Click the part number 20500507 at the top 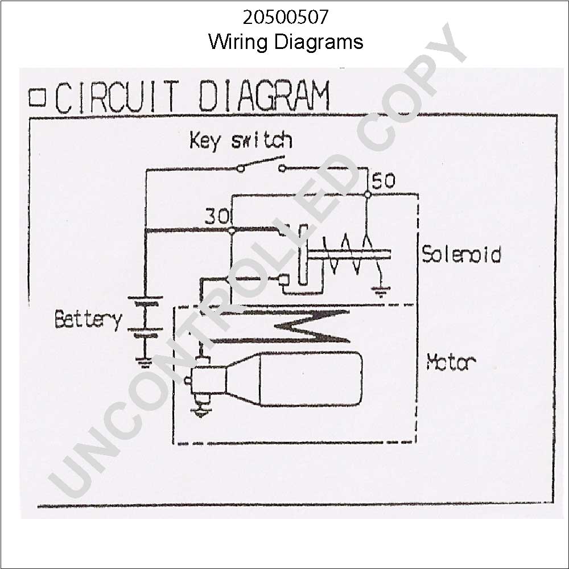[286, 17]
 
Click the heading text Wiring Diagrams [286, 42]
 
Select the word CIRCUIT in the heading [117, 97]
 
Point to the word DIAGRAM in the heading [265, 96]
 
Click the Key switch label [241, 141]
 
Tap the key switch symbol [261, 164]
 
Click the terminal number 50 [383, 180]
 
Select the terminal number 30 [217, 217]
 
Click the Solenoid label [461, 254]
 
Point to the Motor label [451, 361]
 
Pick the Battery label [88, 320]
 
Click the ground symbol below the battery [145, 362]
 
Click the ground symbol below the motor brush [200, 412]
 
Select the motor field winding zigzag [279, 326]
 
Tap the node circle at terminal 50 [368, 195]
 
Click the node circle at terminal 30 [232, 230]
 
